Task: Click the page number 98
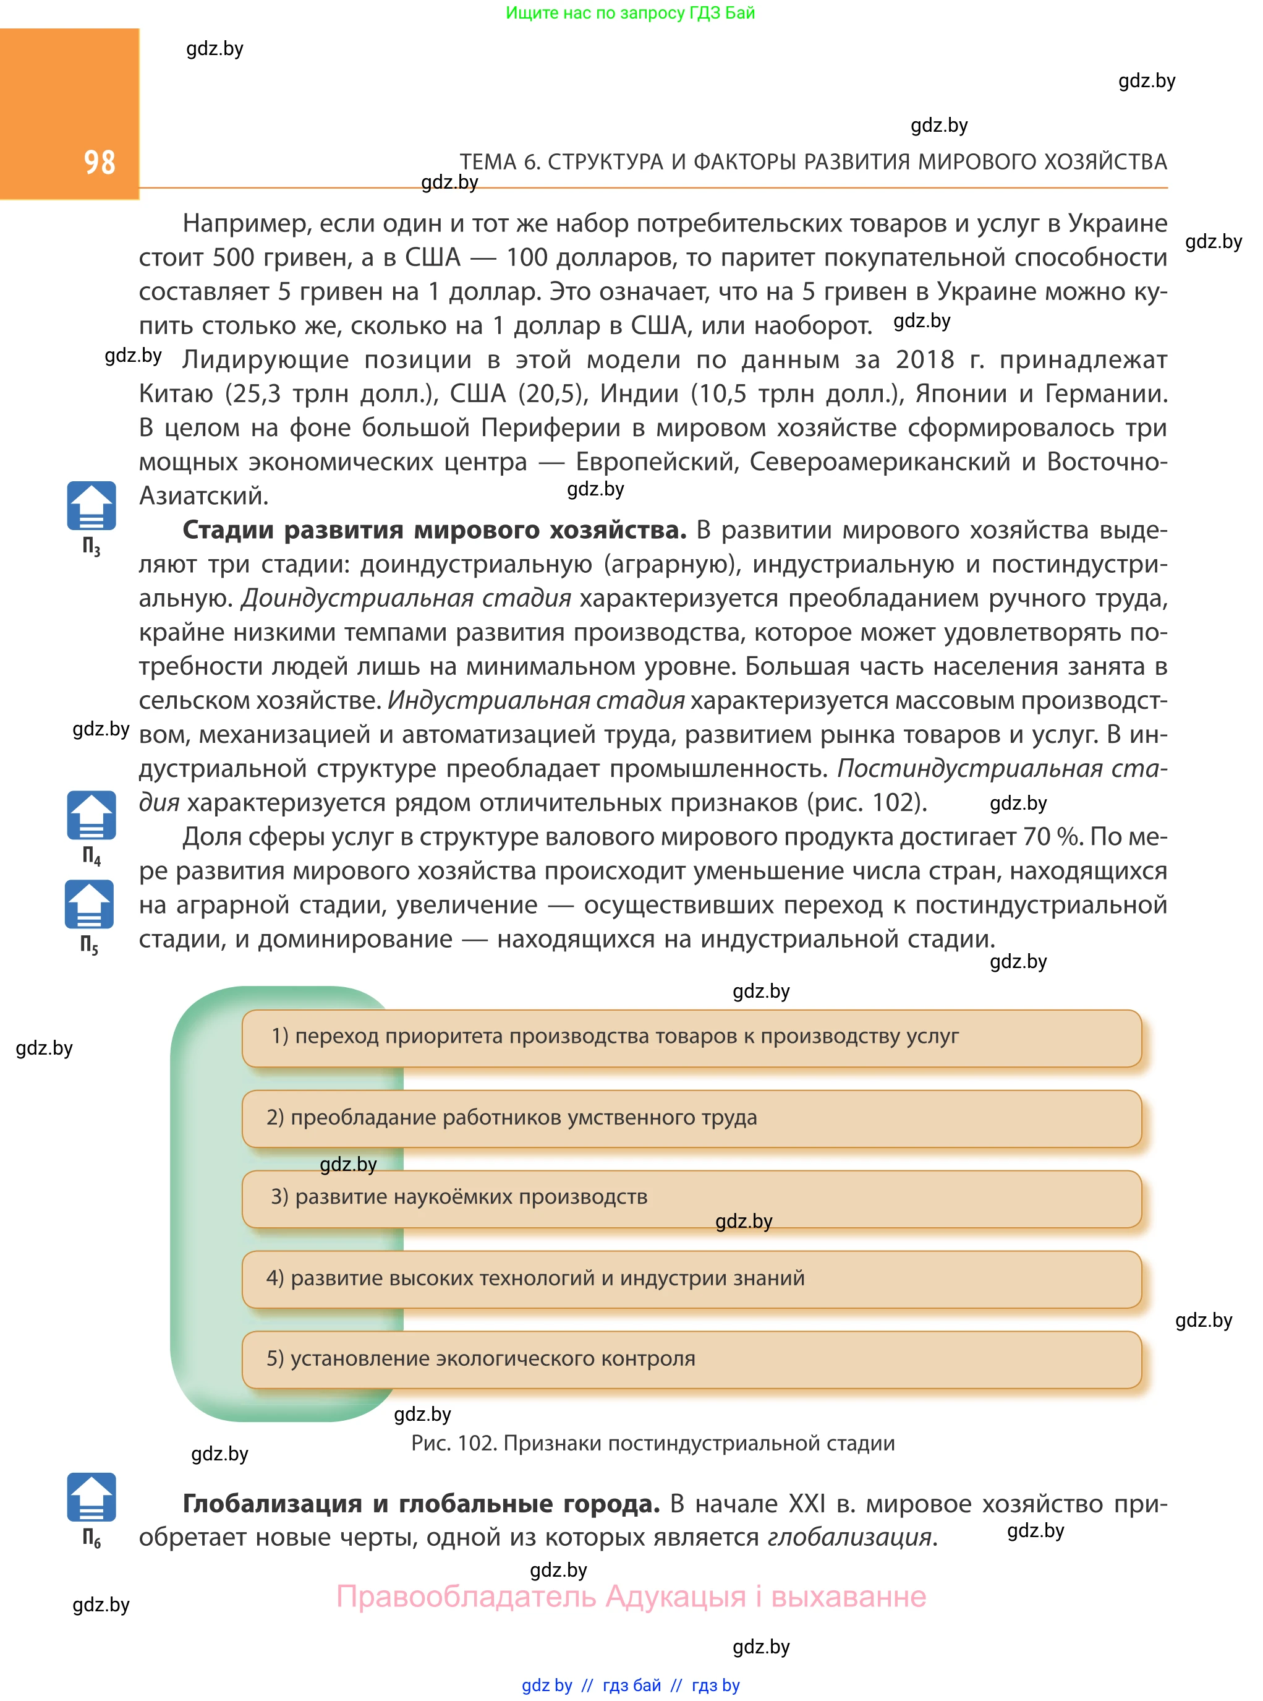100,162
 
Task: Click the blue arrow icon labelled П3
91,507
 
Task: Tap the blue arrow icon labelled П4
91,815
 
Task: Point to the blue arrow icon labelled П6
91,1497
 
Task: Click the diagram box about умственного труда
691,1118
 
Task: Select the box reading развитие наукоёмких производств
691,1198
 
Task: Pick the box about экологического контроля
691,1359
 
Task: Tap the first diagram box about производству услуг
691,1037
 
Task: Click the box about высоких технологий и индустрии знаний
691,1279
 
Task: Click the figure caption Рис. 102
652,1443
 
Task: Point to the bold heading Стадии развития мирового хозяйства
433,530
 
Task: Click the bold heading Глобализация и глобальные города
420,1504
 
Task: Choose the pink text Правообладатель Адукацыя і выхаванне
631,1597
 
